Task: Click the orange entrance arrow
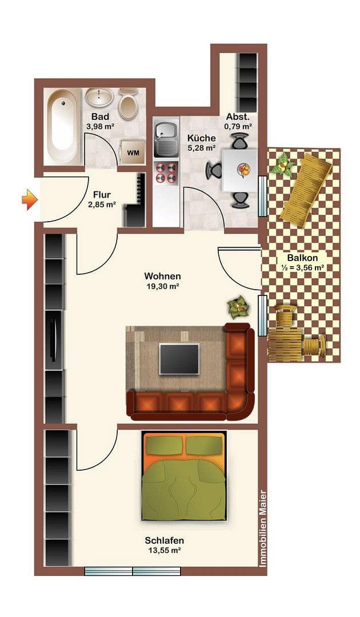pos(30,199)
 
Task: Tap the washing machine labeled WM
pos(133,152)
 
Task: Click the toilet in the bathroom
pos(128,105)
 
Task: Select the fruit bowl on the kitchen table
pos(243,169)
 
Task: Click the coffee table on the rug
pos(179,359)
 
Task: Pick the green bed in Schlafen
pos(184,476)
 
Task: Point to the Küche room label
pos(202,138)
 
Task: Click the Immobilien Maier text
pos(263,528)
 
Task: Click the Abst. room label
pos(238,116)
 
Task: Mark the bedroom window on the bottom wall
pos(133,571)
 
